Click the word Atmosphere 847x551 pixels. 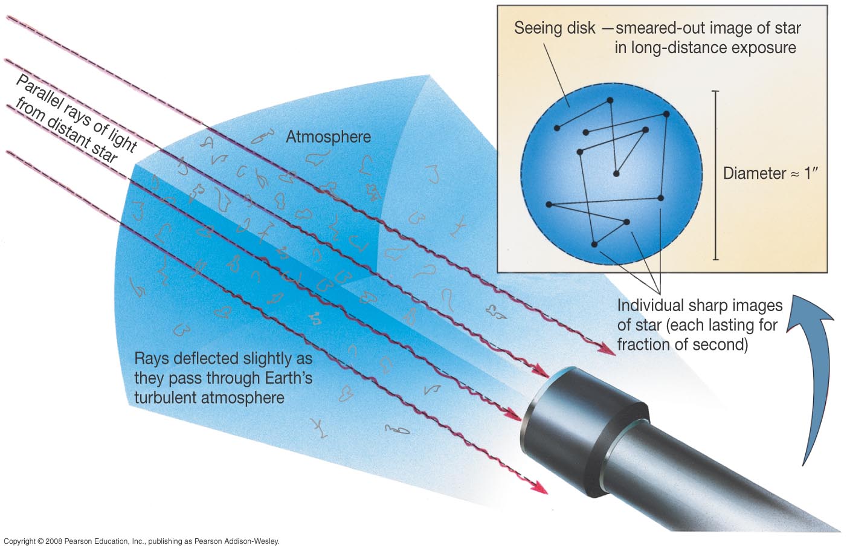click(x=328, y=137)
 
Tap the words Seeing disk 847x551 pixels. click(x=554, y=28)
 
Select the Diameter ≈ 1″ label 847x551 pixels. click(x=770, y=173)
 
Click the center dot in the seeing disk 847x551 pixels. click(x=616, y=174)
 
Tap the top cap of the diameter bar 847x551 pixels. click(x=716, y=91)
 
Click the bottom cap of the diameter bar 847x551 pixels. click(x=716, y=259)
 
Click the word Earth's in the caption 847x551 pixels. click(x=285, y=378)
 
